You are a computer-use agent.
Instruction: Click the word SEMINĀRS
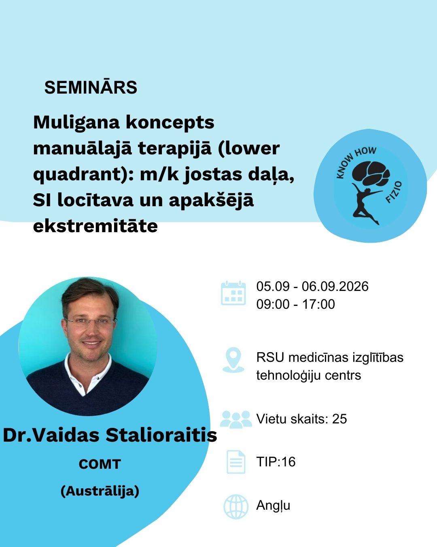click(91, 88)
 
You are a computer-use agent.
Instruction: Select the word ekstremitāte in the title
click(95, 226)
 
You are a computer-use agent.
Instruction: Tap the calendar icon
click(233, 293)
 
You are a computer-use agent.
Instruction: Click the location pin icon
click(233, 360)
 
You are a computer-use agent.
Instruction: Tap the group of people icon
click(236, 419)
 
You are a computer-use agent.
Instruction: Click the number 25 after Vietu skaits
click(339, 419)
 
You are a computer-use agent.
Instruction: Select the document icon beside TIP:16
click(235, 462)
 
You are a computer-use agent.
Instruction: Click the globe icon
click(236, 506)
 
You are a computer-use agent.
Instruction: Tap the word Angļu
click(273, 506)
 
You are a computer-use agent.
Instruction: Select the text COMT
click(100, 464)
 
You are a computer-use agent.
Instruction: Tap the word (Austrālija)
click(100, 491)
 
